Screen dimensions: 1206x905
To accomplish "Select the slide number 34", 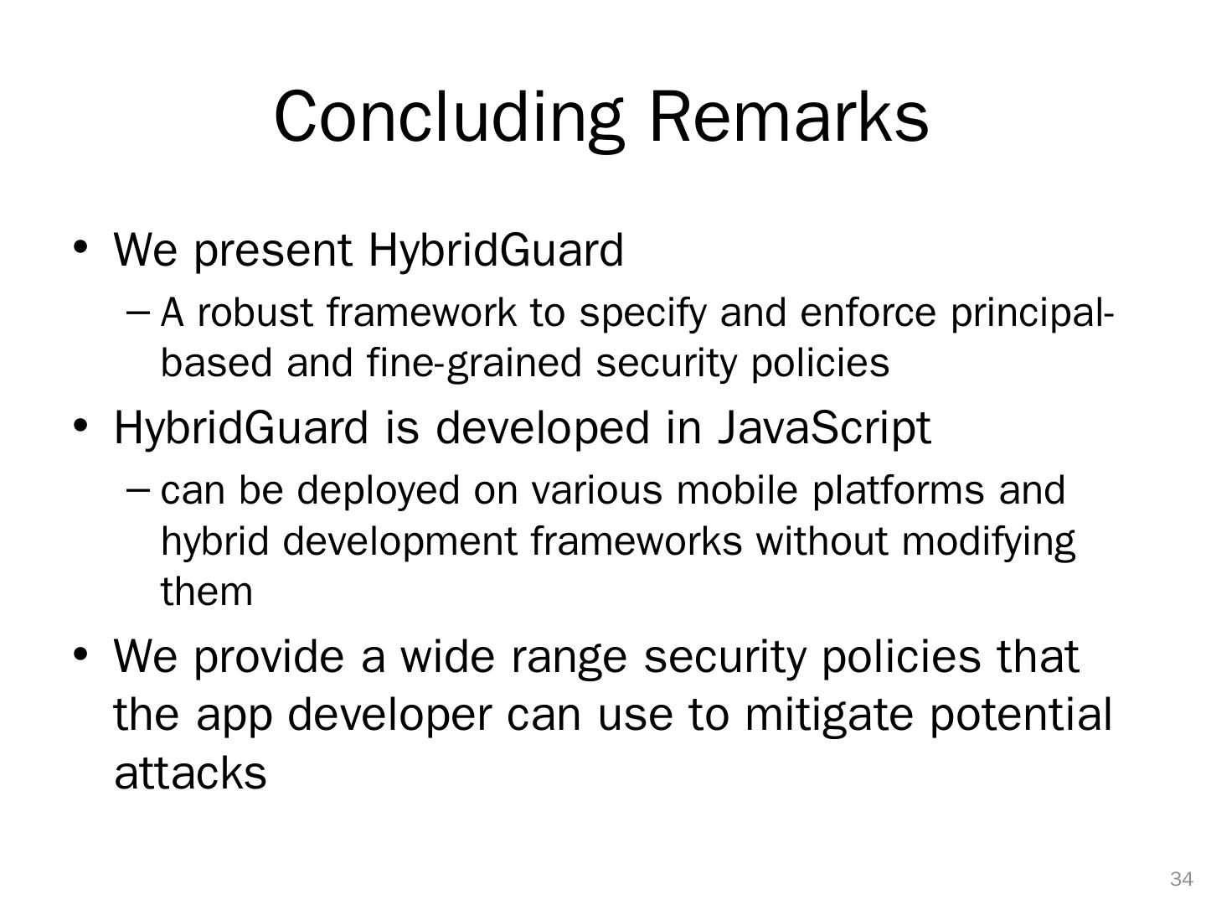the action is pyautogui.click(x=1181, y=879).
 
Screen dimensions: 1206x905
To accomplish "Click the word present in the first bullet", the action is pyautogui.click(x=273, y=252).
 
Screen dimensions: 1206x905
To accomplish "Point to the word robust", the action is pyautogui.click(x=255, y=313).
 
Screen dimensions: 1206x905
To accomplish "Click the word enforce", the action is pyautogui.click(x=868, y=313).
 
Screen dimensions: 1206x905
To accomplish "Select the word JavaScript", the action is pyautogui.click(x=824, y=429).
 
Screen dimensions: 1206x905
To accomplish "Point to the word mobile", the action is pyautogui.click(x=737, y=490).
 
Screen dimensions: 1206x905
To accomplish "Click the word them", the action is pyautogui.click(x=207, y=592).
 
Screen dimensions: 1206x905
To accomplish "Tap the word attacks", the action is pyautogui.click(x=190, y=773).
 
